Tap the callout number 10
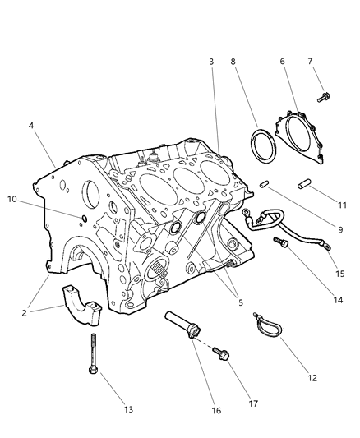pyautogui.click(x=12, y=199)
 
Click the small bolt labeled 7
pyautogui.click(x=323, y=98)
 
